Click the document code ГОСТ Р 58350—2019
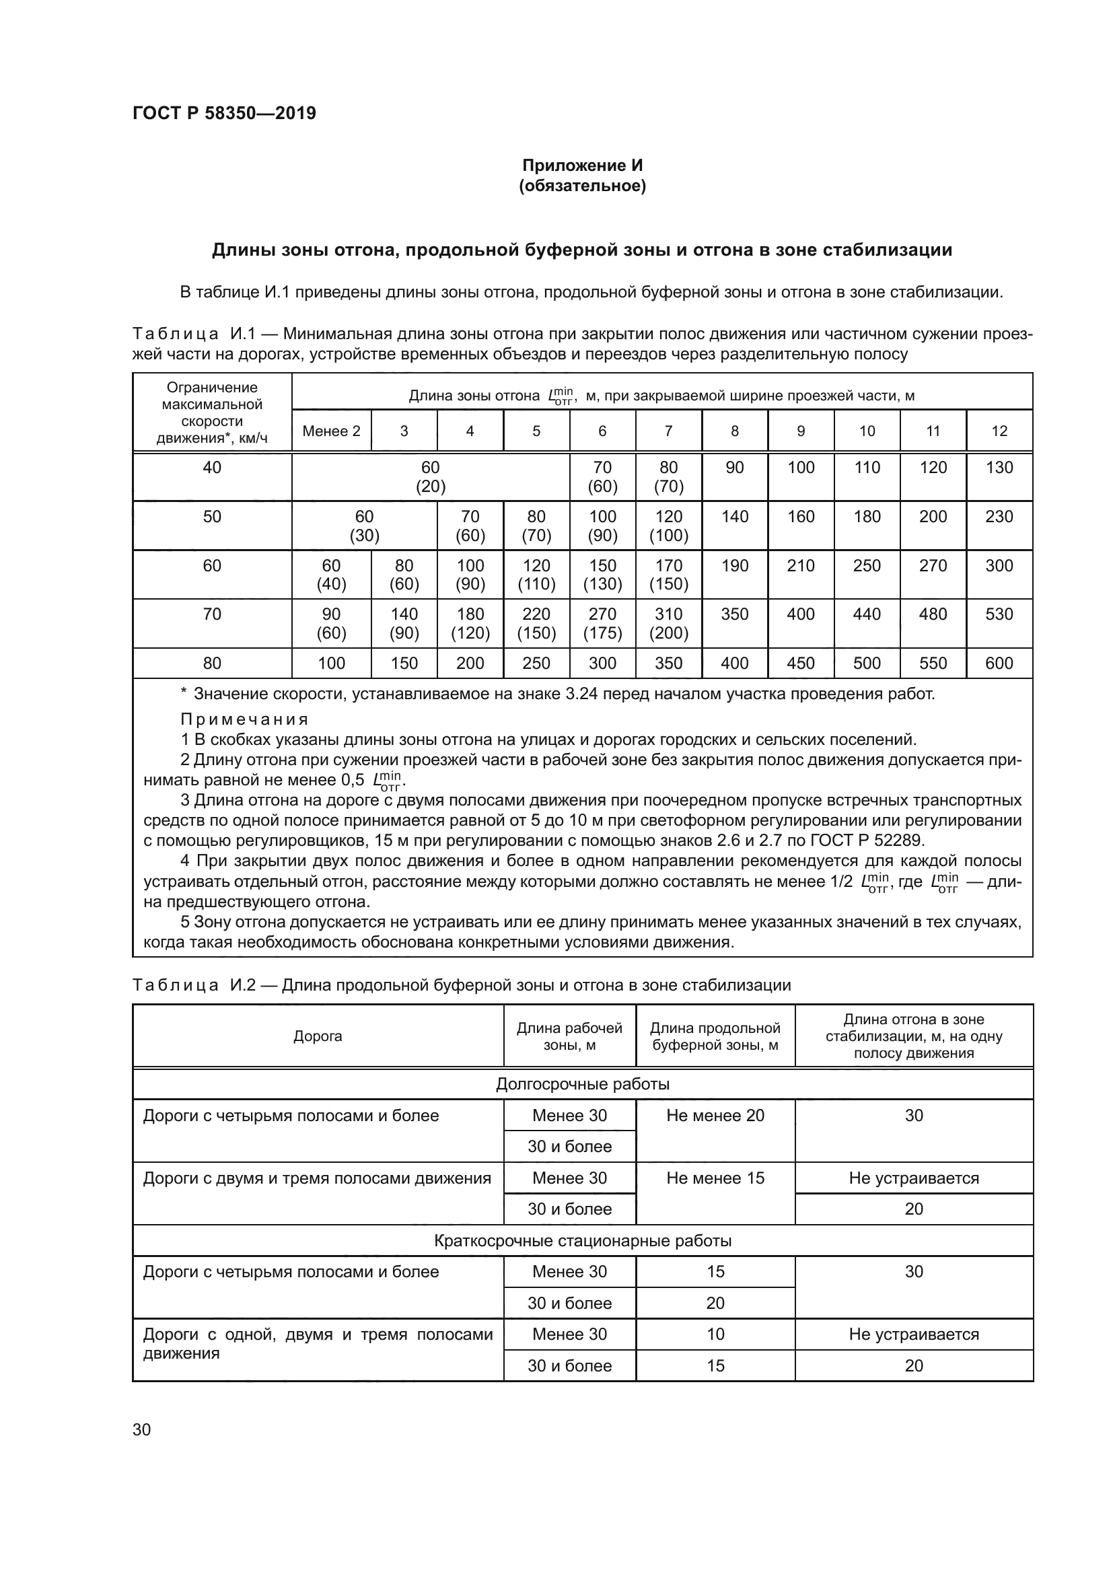pos(224,113)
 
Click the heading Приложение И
pos(582,166)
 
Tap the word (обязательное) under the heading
pos(582,186)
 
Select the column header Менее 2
pos(331,431)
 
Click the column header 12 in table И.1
pos(999,431)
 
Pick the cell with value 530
pos(999,614)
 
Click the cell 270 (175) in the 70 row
pos(602,623)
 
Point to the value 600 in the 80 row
pos(999,663)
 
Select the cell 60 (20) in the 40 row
pos(431,476)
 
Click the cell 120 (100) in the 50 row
pos(668,526)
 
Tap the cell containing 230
pos(999,517)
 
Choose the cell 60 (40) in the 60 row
pos(331,575)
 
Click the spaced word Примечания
pos(245,719)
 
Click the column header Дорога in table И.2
pos(318,1036)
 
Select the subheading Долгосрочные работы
pos(582,1084)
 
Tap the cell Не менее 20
pos(715,1115)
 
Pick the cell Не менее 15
pos(715,1178)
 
